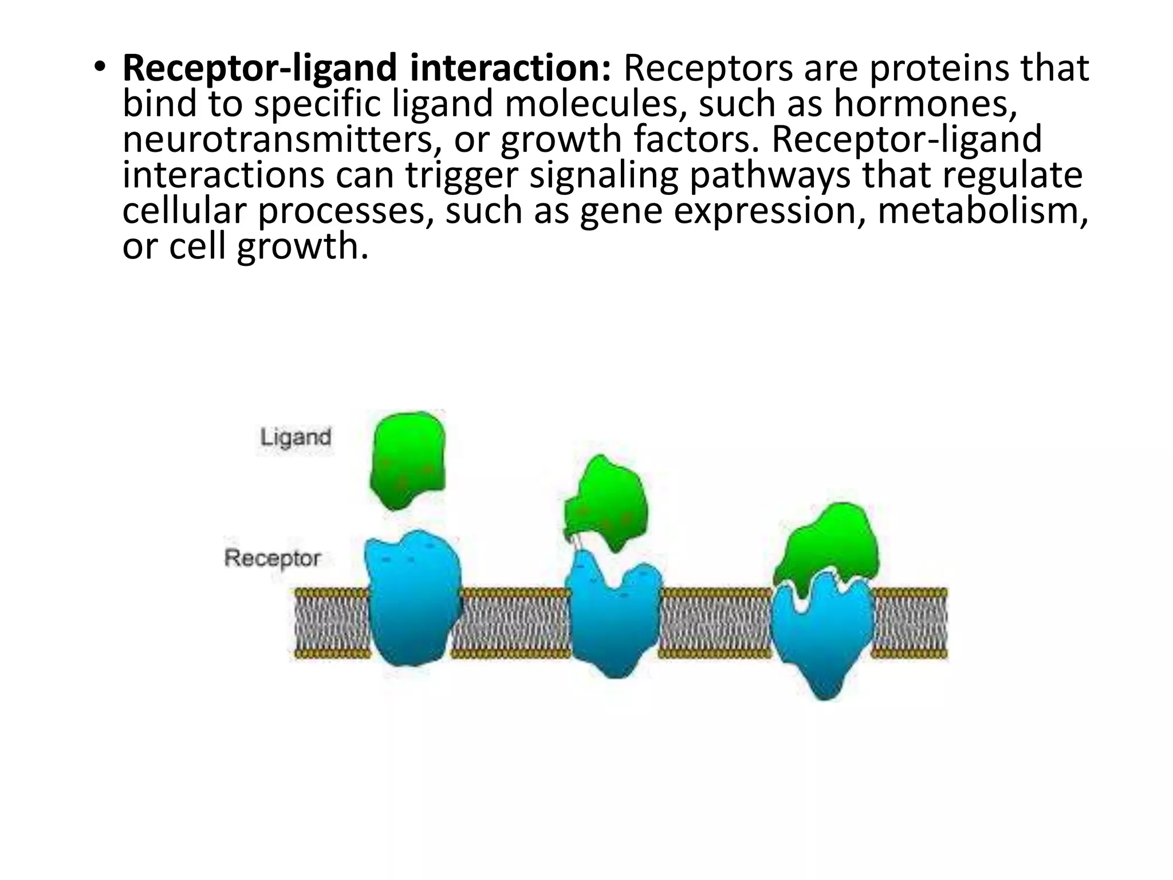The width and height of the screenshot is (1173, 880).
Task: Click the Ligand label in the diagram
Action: [x=296, y=438]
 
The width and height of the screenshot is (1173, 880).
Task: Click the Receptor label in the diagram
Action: [x=272, y=558]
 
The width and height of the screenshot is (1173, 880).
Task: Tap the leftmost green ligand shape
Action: [x=407, y=459]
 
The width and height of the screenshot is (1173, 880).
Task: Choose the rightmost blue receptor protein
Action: [x=822, y=636]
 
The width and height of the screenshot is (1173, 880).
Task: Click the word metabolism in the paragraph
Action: [x=982, y=210]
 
